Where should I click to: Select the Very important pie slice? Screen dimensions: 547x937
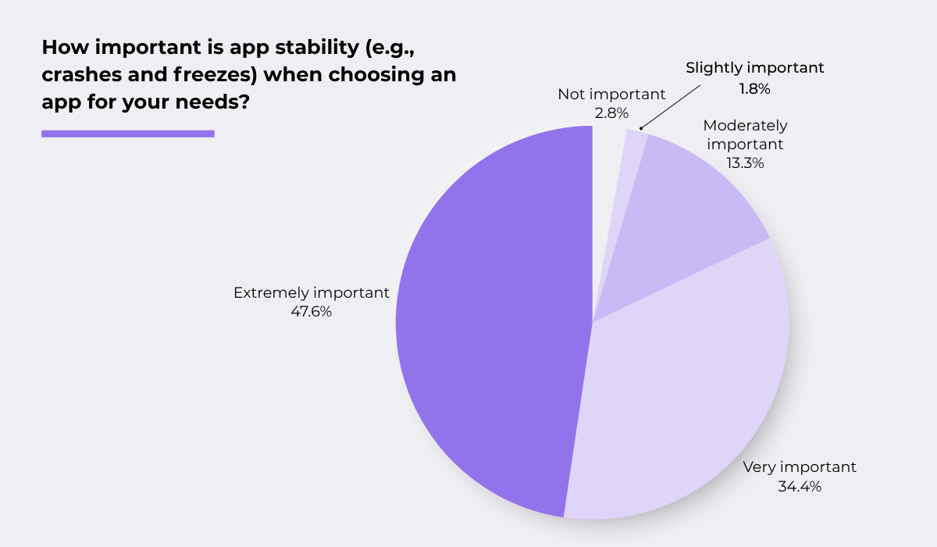tap(687, 391)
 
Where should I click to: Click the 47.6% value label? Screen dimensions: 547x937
tap(311, 312)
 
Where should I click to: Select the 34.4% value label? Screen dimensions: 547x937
tap(800, 486)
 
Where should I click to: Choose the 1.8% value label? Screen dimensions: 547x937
tap(754, 88)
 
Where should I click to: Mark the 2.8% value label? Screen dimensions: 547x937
tap(611, 113)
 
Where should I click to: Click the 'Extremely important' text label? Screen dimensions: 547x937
tap(311, 293)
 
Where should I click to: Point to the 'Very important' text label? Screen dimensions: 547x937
tap(800, 467)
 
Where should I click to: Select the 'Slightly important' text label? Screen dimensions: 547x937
tap(754, 68)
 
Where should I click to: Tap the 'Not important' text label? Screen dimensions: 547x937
tap(611, 95)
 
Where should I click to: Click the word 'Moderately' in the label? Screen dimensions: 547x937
tap(745, 125)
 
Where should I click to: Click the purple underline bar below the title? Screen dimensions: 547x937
tap(127, 134)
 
